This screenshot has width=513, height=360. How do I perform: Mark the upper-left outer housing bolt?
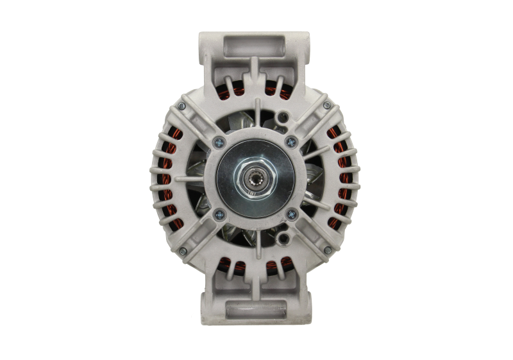[183, 105]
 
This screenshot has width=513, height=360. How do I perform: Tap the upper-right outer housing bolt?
[327, 105]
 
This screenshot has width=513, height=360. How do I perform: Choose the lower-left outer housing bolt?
[183, 250]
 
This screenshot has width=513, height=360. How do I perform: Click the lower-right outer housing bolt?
[327, 250]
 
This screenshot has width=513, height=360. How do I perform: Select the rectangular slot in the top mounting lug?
[255, 46]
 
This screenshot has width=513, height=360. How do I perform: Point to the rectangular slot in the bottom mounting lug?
[255, 309]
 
